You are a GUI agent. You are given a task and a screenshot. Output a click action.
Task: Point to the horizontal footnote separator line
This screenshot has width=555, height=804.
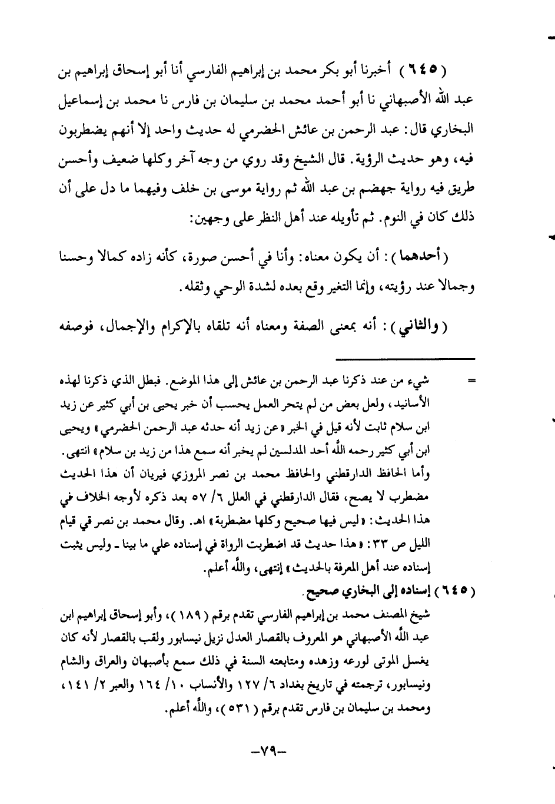coord(406,359)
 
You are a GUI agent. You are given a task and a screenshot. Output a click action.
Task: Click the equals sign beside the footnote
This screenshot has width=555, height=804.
coord(471,381)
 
